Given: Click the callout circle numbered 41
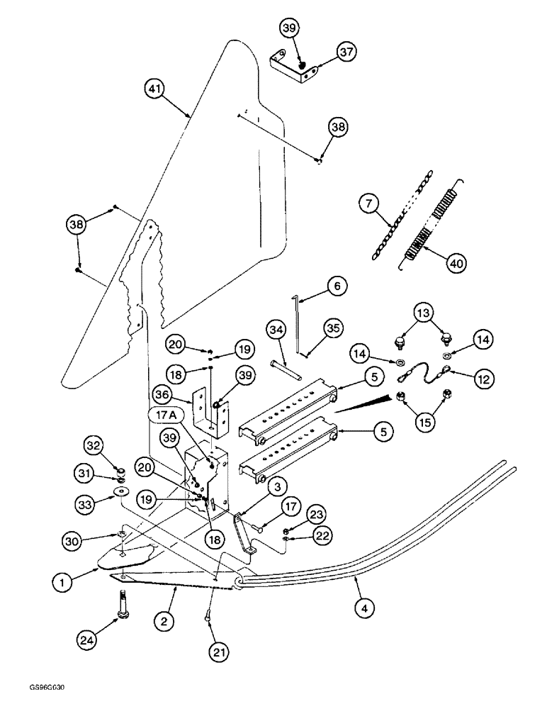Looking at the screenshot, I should tap(155, 89).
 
